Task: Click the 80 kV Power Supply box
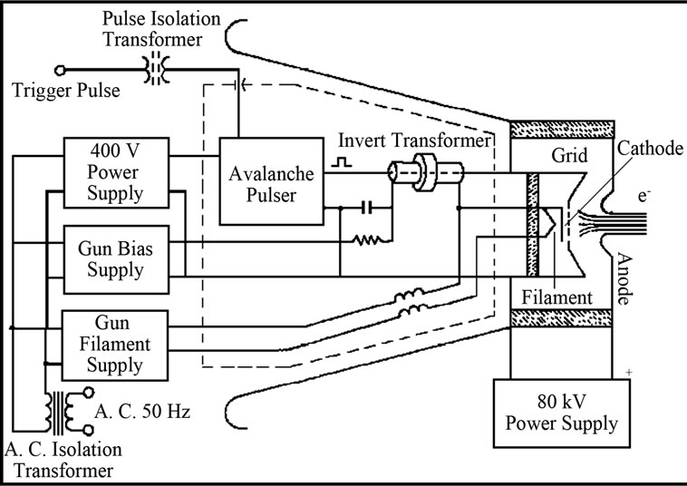562,413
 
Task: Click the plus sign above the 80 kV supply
626,371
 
